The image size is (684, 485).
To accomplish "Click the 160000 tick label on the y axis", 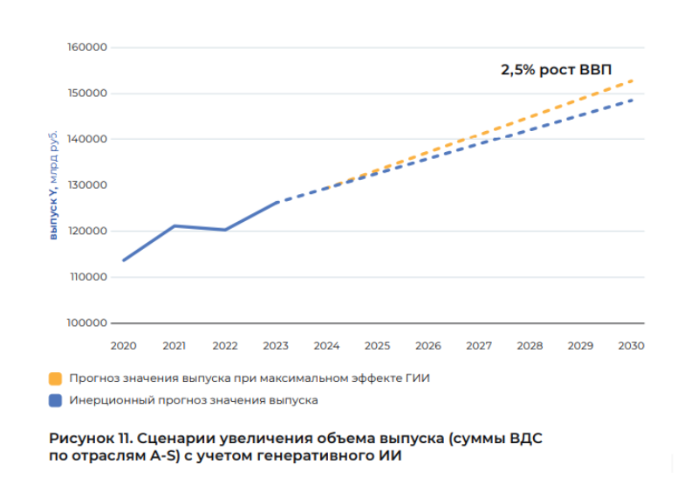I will coord(86,47).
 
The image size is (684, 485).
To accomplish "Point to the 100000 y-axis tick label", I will coord(86,323).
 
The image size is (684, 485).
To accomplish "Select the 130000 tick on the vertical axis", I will coord(86,185).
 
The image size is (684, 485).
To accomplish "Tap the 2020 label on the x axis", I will coord(123,346).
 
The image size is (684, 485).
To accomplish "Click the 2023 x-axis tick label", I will coord(276,346).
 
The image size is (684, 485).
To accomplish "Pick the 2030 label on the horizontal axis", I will coord(631,346).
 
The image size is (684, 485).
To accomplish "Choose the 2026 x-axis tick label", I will coord(427,346).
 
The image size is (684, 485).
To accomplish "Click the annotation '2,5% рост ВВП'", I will coord(557,70).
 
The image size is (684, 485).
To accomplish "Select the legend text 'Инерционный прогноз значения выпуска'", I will coord(194,401).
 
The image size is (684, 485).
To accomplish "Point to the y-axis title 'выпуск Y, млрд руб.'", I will coord(53,184).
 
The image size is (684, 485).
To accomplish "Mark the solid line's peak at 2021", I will coord(174,225).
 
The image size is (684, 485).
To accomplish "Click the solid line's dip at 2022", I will coord(225,230).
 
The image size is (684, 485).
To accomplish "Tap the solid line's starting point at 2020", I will coord(124,260).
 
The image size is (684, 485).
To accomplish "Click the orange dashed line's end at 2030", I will coord(632,80).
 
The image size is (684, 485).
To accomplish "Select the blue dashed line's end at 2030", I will coord(632,100).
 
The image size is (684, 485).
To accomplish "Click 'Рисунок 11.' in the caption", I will coord(92,438).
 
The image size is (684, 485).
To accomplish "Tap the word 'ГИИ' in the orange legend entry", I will coord(418,379).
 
